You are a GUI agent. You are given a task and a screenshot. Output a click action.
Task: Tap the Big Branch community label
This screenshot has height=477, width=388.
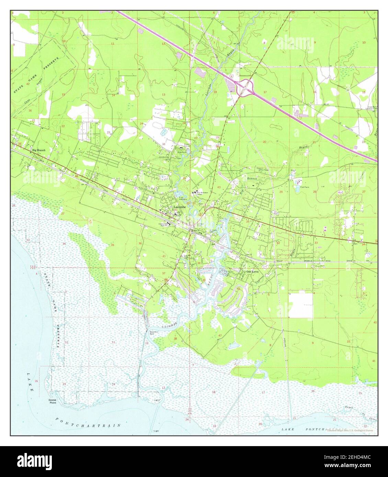[x=38, y=150]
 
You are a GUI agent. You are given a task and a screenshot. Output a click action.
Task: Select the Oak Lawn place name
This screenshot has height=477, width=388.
[x=253, y=271]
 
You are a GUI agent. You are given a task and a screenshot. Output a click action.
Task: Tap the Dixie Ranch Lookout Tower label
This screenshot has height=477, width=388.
[x=366, y=107]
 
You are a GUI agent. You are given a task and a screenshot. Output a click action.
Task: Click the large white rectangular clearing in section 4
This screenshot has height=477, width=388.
[x=301, y=305]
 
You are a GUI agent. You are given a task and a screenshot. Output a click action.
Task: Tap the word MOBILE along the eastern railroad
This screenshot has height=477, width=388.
[x=312, y=261]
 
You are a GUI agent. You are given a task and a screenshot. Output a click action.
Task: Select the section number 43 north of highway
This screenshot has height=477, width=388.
[x=219, y=187]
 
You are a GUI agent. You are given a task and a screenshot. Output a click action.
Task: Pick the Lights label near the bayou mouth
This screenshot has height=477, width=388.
[x=157, y=400]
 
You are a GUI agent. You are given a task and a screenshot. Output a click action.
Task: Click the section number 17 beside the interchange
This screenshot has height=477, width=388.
[x=265, y=92]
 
